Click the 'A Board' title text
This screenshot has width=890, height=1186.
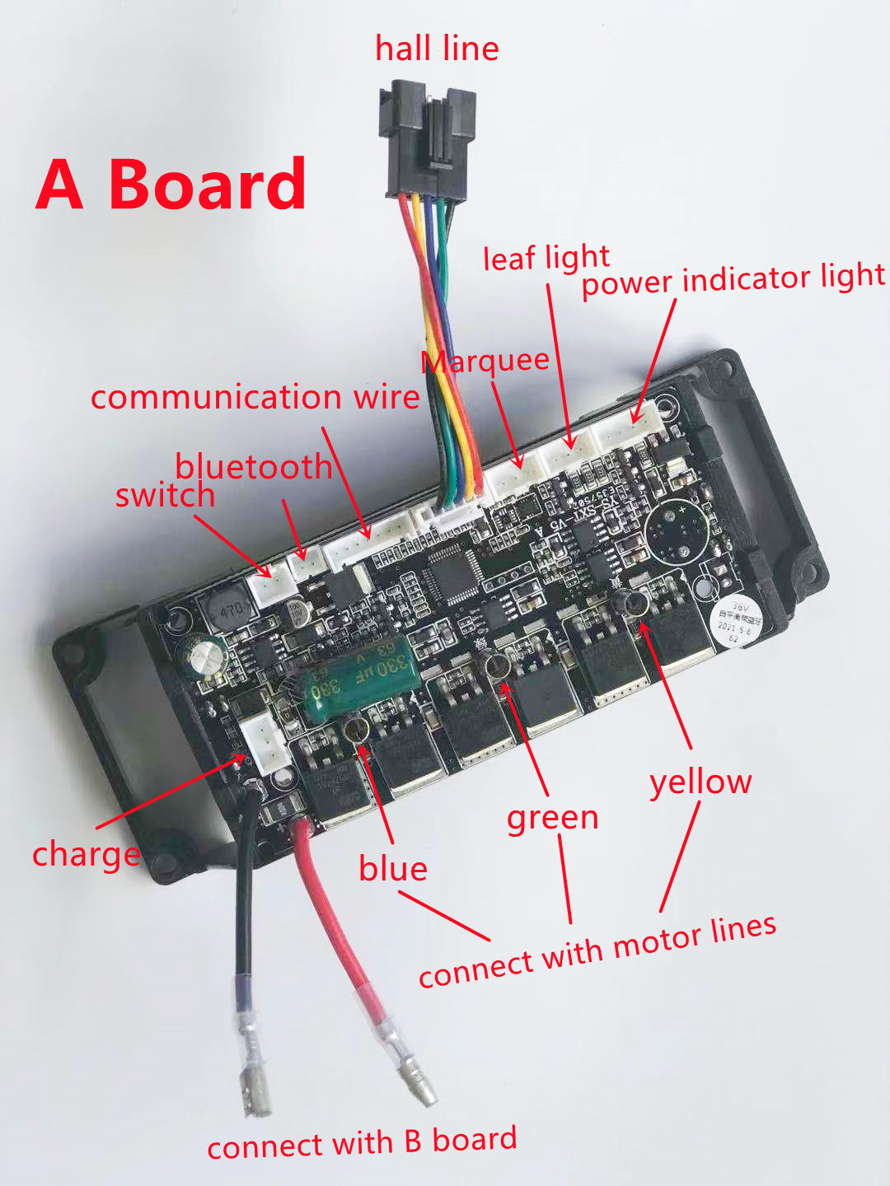click(x=171, y=184)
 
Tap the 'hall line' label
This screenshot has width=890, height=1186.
click(x=437, y=49)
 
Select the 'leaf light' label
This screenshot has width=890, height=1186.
click(x=546, y=258)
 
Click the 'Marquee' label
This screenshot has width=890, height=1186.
click(x=485, y=362)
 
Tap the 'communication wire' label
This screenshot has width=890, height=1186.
click(x=255, y=397)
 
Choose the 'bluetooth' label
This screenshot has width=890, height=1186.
click(x=253, y=467)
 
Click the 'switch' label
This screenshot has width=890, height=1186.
click(x=165, y=496)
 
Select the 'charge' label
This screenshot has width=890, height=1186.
click(x=86, y=855)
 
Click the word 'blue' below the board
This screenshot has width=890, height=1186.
click(x=393, y=869)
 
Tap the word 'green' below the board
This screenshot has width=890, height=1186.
click(x=552, y=818)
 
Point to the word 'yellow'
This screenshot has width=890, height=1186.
click(x=700, y=782)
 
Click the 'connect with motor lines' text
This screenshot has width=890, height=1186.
click(x=597, y=951)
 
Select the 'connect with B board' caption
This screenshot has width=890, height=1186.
click(x=362, y=1143)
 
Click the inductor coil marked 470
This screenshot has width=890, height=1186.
click(x=227, y=609)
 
